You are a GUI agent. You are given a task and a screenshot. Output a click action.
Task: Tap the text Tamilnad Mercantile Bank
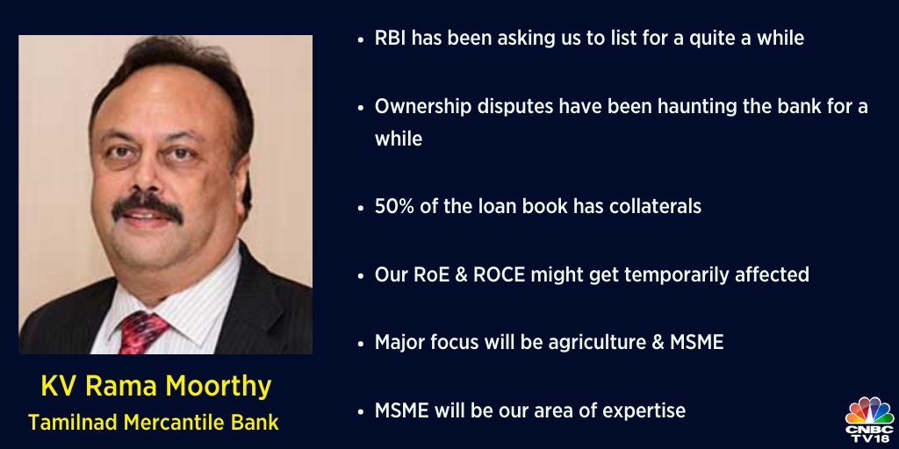(x=153, y=422)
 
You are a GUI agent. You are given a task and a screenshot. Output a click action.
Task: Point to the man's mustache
(x=148, y=208)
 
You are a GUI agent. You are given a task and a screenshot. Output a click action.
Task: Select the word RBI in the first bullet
(x=392, y=39)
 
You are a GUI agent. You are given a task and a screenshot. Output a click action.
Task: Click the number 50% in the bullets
(x=396, y=207)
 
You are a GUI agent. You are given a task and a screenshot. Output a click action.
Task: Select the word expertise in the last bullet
(x=643, y=410)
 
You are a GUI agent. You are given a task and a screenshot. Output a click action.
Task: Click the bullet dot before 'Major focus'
(x=362, y=343)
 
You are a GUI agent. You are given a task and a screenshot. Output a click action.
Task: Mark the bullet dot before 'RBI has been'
(x=362, y=39)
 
